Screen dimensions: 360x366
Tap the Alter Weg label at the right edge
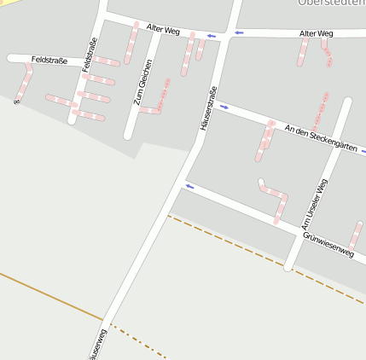(316, 33)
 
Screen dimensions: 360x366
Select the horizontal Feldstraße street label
(49, 60)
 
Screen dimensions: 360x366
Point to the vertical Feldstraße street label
(89, 56)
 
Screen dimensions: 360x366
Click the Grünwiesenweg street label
(328, 242)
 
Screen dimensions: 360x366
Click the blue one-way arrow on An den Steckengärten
(224, 107)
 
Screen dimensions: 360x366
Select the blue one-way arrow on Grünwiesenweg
(189, 186)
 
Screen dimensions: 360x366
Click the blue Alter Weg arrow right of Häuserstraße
(239, 32)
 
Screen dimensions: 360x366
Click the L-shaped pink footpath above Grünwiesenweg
(275, 195)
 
